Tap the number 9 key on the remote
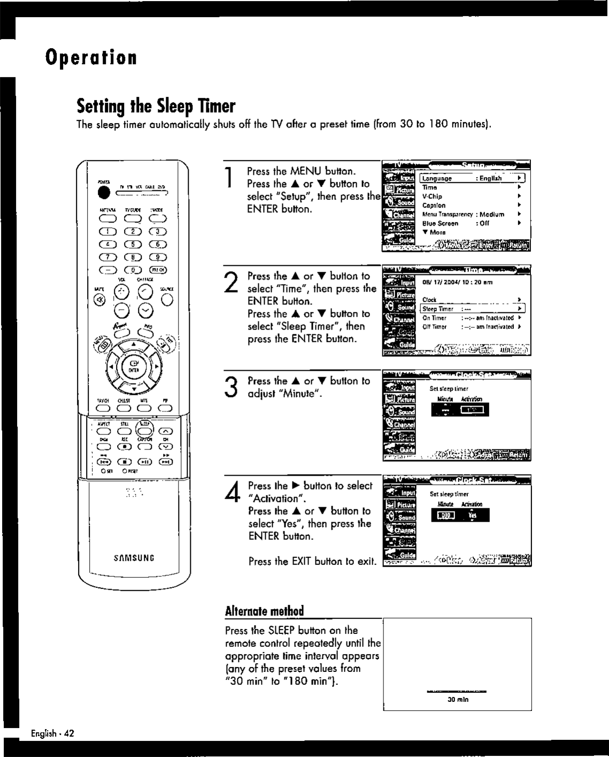coord(159,257)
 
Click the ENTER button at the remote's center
coord(134,367)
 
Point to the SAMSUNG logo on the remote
coord(134,558)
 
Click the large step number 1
coord(229,178)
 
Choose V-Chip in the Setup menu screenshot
coord(433,196)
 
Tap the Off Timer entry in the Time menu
coord(435,327)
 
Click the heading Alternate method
coord(264,611)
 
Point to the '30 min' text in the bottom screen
coord(458,699)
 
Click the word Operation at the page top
coord(91,57)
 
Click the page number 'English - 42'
coord(52,733)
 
